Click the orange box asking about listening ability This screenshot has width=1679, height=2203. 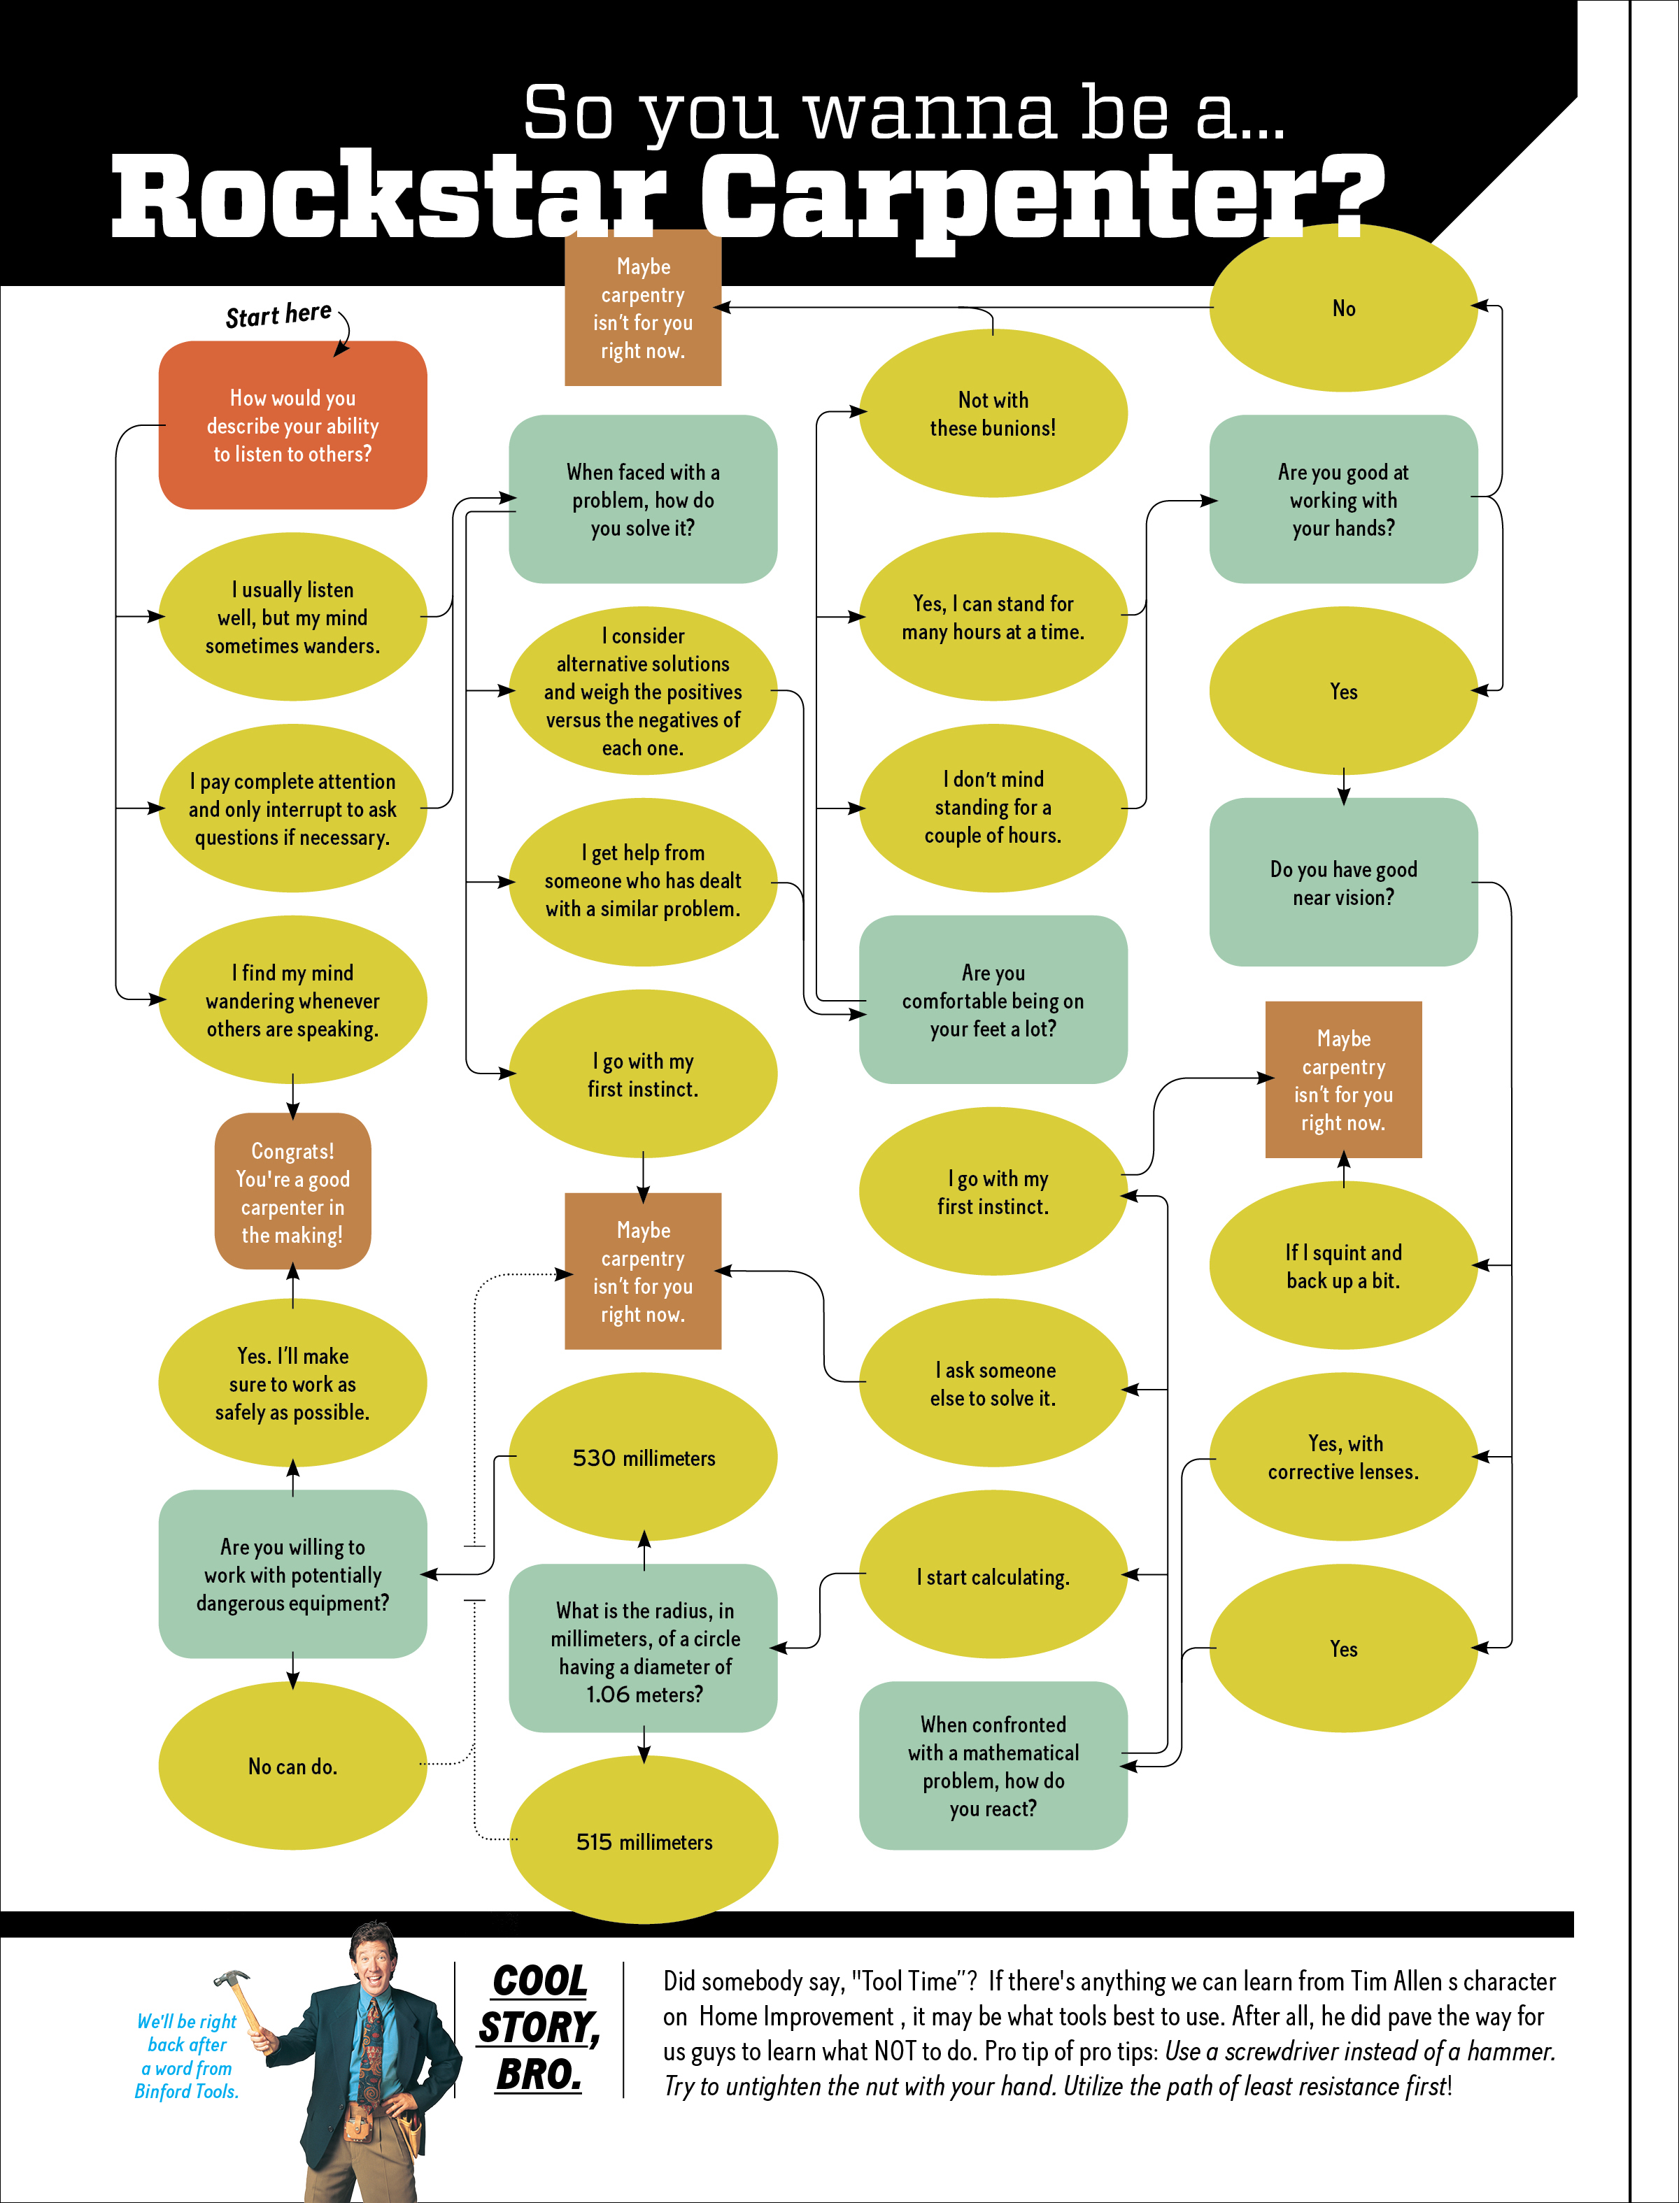click(x=293, y=426)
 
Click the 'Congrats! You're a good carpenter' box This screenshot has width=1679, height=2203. click(x=293, y=1192)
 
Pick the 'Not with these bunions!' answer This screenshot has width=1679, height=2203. click(x=993, y=413)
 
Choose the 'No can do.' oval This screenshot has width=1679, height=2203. click(x=293, y=1767)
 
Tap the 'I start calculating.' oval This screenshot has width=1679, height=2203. click(x=993, y=1576)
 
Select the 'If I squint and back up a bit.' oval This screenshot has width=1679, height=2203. click(x=1343, y=1266)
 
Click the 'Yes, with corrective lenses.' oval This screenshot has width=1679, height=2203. click(x=1343, y=1457)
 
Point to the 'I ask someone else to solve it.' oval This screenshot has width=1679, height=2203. click(x=993, y=1384)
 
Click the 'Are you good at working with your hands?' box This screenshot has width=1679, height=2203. click(x=1343, y=499)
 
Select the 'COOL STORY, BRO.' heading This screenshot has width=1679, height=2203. click(x=539, y=2027)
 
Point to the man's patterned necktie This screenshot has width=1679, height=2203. click(x=373, y=2048)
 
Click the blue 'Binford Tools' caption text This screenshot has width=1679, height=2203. click(x=187, y=2056)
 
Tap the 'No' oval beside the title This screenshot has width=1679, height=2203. click(x=1343, y=308)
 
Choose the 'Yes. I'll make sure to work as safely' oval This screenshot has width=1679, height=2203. click(x=293, y=1384)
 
